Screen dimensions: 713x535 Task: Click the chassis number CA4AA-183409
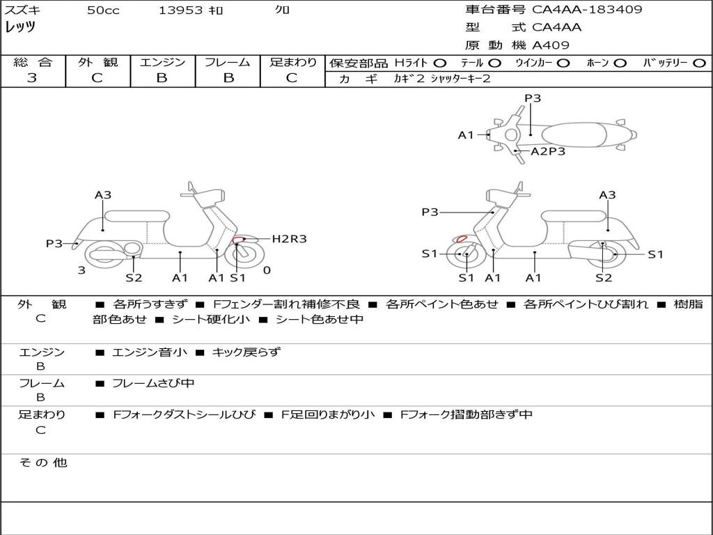[587, 10]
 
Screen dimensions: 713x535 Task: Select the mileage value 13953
[180, 10]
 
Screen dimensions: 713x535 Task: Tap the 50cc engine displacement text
[103, 10]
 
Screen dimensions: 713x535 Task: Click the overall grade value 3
[32, 78]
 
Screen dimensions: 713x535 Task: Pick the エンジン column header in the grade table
[162, 62]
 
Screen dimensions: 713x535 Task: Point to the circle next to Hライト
[441, 63]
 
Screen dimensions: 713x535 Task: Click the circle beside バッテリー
[698, 63]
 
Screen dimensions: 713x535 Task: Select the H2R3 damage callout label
[289, 239]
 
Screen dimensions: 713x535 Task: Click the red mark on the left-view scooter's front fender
[239, 240]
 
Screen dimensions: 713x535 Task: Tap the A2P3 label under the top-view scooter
[548, 151]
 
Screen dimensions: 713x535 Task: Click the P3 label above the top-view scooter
[533, 98]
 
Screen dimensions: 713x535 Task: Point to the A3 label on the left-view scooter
[103, 195]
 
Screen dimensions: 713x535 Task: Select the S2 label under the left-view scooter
[134, 278]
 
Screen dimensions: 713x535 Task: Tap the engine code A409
[551, 45]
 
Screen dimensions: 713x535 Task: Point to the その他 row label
[42, 463]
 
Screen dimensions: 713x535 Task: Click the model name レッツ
[20, 27]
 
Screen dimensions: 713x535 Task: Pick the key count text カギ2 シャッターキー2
[442, 79]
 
